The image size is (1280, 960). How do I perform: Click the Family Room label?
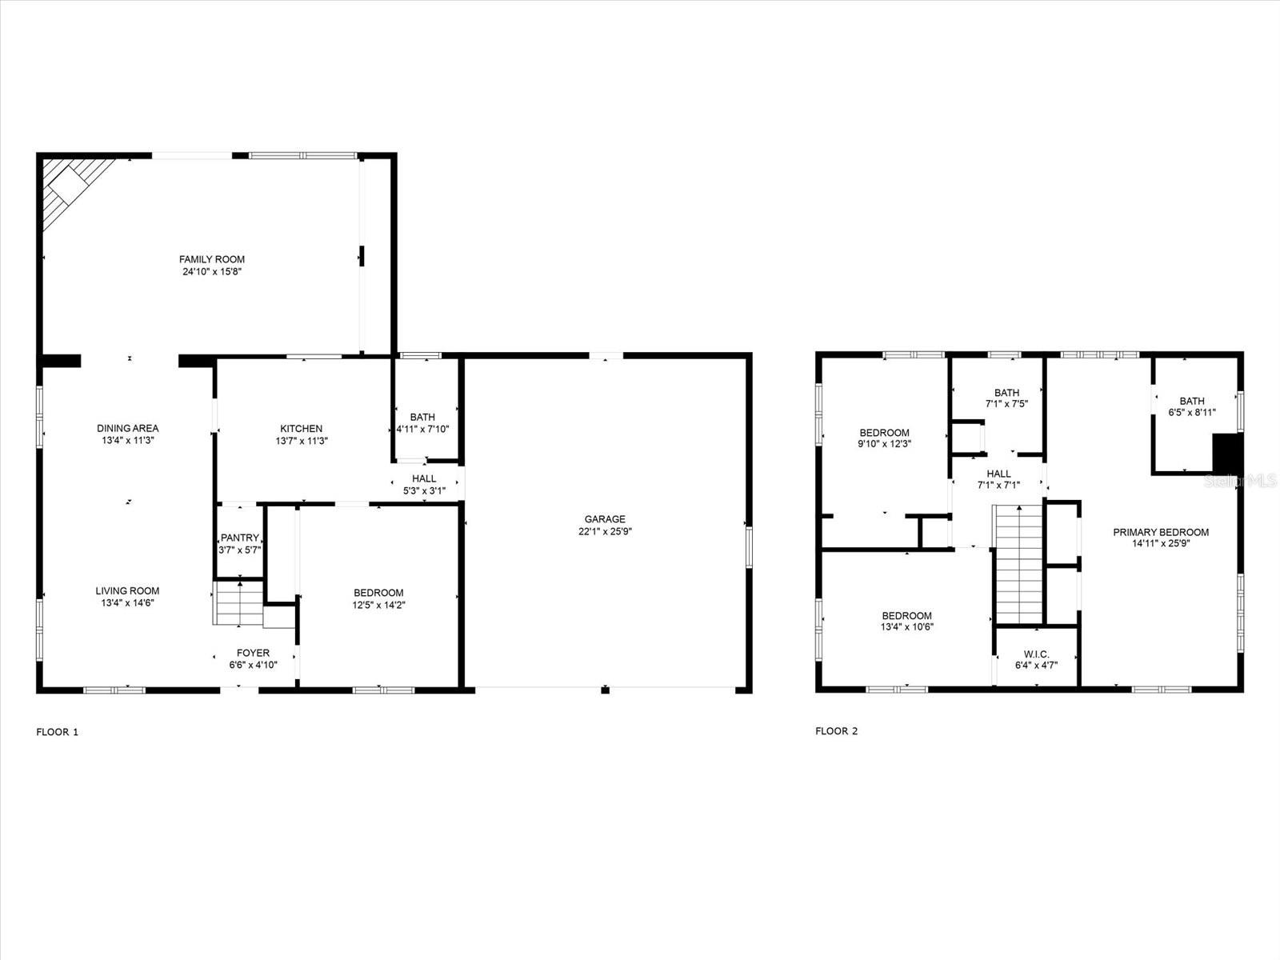click(x=211, y=259)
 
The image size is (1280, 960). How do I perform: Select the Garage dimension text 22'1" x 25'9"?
click(x=605, y=531)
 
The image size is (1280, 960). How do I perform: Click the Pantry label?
click(x=239, y=538)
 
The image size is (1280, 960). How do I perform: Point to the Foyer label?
click(x=253, y=653)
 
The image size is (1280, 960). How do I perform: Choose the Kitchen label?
click(x=301, y=429)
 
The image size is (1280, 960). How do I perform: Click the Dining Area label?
click(x=128, y=429)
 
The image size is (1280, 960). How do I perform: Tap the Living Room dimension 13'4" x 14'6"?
click(x=127, y=603)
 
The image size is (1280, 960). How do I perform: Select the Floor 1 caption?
click(x=58, y=731)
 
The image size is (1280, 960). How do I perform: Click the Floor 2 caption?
click(x=836, y=731)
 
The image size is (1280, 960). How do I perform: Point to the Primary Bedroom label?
click(x=1161, y=532)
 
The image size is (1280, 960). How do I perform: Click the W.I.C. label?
click(x=1036, y=654)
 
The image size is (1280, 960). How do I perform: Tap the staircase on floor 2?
click(x=1018, y=563)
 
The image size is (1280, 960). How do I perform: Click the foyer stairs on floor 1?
click(x=239, y=603)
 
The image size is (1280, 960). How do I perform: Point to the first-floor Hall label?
click(x=424, y=478)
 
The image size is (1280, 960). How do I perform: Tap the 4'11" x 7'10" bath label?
click(x=422, y=417)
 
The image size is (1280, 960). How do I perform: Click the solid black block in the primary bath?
click(x=1226, y=454)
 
